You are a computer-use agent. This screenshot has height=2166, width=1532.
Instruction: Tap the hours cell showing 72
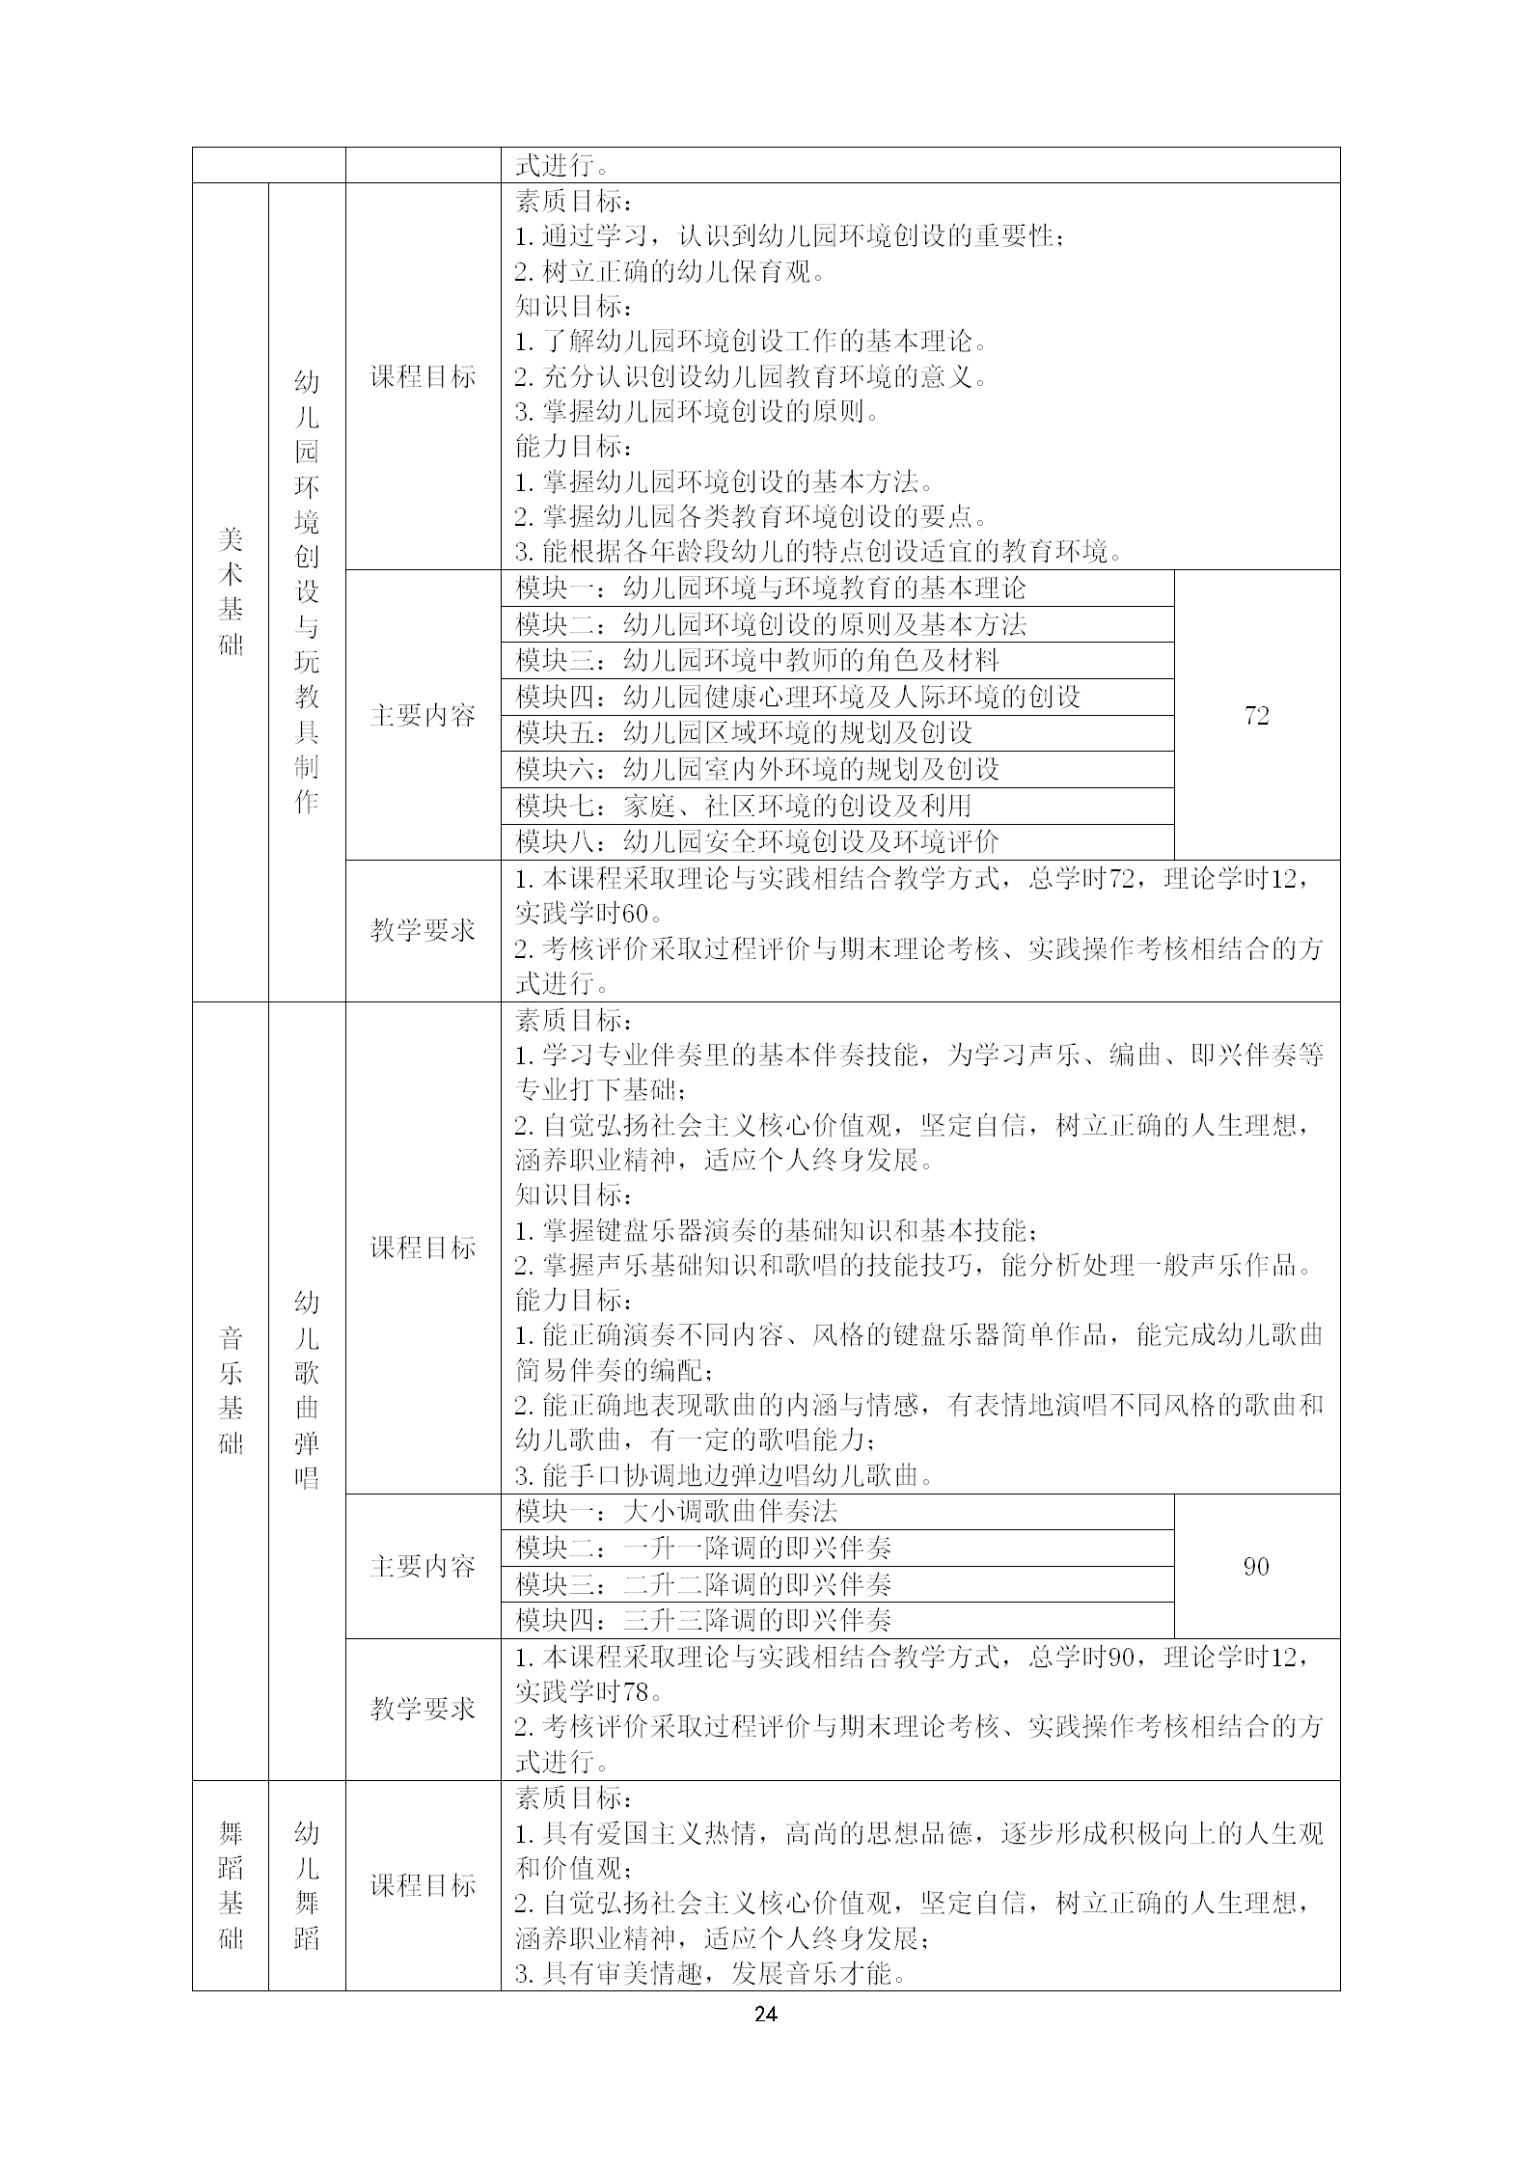pos(1256,715)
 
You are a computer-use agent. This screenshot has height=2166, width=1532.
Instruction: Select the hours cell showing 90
pos(1256,1566)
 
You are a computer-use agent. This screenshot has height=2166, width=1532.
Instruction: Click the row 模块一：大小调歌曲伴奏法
pos(676,1512)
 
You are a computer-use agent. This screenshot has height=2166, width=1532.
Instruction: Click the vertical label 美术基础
pos(231,591)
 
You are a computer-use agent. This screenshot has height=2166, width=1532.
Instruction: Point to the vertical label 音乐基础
pos(231,1390)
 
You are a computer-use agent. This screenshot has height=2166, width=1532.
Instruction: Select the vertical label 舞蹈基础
pos(231,1885)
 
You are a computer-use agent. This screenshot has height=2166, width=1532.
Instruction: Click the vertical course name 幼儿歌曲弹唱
pos(307,1390)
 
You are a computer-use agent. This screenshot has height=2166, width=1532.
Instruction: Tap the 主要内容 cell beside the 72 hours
pos(423,715)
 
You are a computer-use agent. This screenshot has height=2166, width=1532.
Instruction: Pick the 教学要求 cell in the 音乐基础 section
pos(423,1709)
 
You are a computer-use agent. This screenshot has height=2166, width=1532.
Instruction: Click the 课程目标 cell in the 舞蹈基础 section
pos(423,1885)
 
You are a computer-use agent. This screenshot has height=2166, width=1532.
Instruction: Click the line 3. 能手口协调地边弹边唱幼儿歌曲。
pos(724,1476)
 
